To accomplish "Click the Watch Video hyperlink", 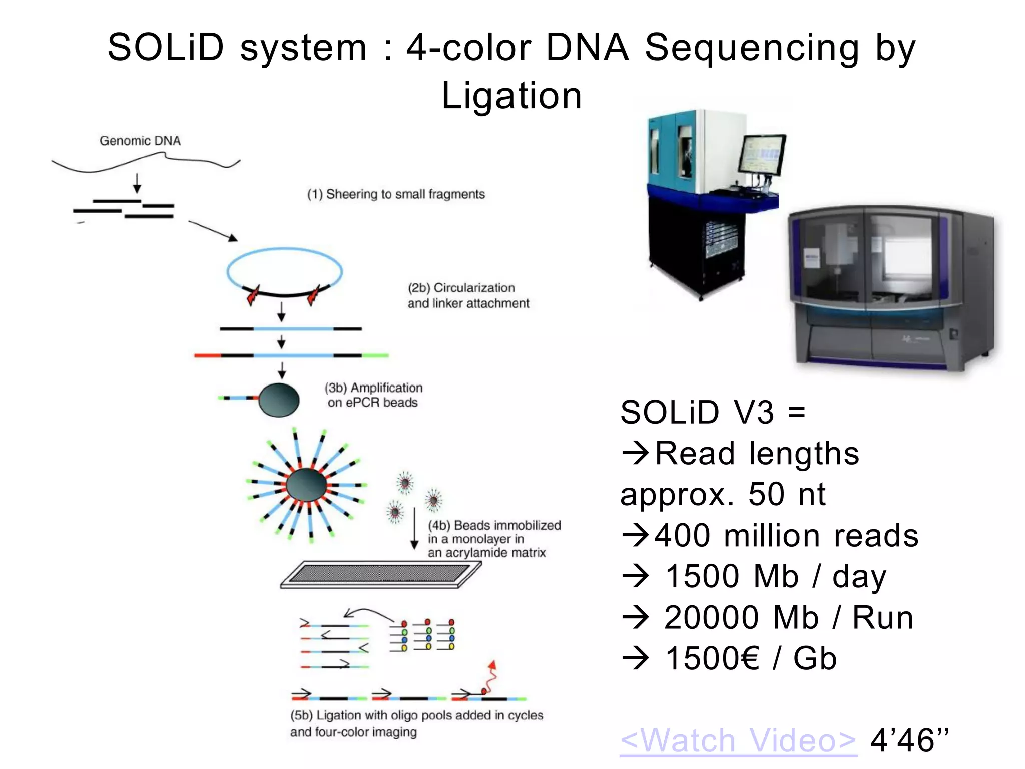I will [x=738, y=740].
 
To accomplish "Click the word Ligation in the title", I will [x=511, y=95].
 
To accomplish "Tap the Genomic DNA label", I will [x=140, y=141].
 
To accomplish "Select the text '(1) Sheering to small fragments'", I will [x=396, y=194].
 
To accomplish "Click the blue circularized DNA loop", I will [x=284, y=253].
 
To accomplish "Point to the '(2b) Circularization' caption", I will [x=461, y=288].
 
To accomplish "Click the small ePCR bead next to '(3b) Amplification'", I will [x=279, y=400].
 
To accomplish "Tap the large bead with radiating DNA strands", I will [x=306, y=485].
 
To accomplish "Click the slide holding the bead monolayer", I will [x=380, y=574].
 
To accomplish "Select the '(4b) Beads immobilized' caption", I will [x=494, y=525].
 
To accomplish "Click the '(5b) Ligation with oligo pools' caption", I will [x=416, y=715].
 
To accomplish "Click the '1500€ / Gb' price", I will [x=751, y=658].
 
